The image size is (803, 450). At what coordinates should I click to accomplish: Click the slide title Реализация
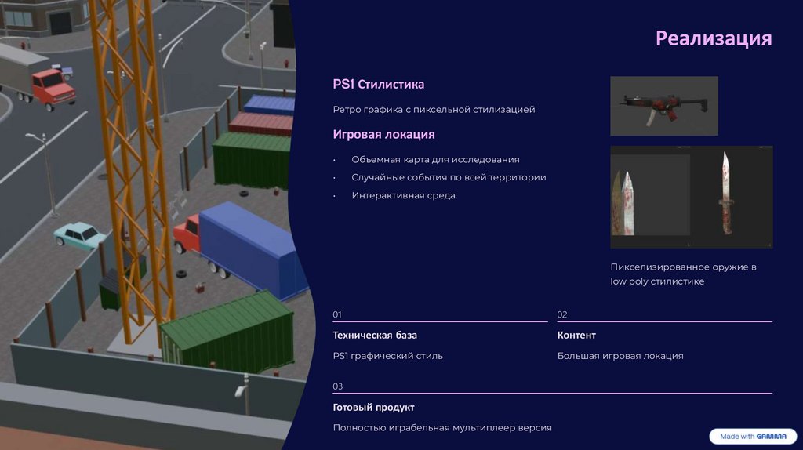click(714, 38)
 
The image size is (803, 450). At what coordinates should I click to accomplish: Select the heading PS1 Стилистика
click(378, 84)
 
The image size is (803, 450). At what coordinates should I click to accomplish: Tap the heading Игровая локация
click(383, 135)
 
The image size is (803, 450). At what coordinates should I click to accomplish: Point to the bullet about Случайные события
click(449, 177)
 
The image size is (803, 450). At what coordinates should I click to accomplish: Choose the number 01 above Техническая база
click(337, 314)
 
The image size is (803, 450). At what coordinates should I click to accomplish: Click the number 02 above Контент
click(562, 314)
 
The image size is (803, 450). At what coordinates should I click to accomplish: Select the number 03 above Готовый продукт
click(337, 386)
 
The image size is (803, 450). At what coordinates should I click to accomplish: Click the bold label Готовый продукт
click(373, 408)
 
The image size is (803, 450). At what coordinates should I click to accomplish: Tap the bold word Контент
click(576, 335)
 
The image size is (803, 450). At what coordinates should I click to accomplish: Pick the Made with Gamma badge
click(752, 437)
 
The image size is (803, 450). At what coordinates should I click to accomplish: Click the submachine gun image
click(663, 105)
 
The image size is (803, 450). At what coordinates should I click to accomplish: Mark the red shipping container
click(261, 123)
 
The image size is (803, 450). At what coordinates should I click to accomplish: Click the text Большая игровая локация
click(620, 356)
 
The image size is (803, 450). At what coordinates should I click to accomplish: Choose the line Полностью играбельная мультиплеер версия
click(442, 428)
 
